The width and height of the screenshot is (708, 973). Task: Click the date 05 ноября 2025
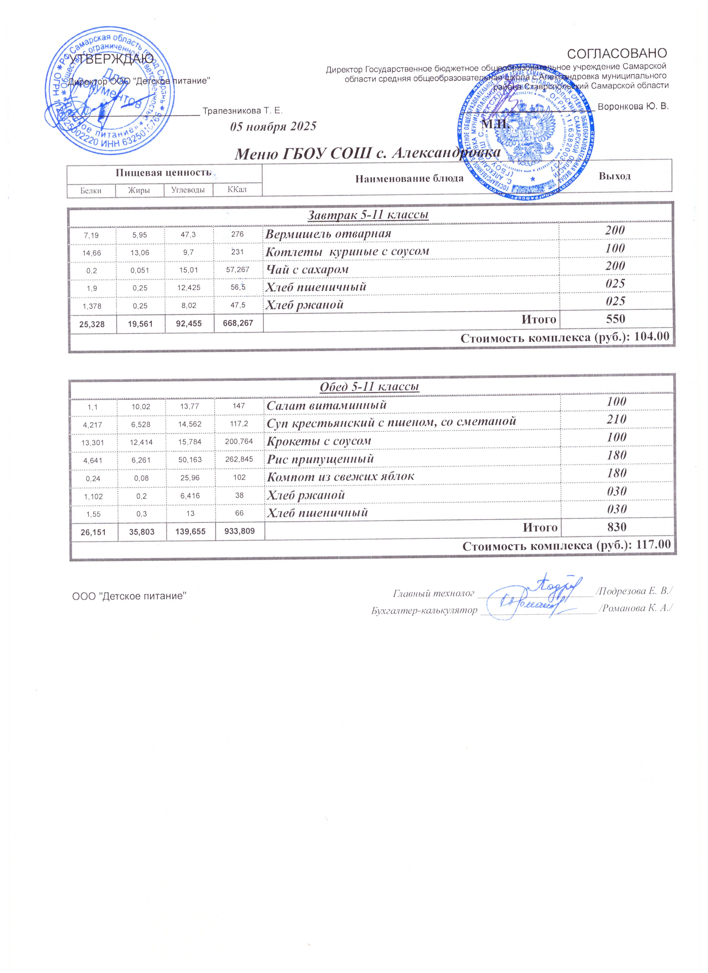click(x=273, y=127)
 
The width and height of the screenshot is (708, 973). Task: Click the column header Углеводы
click(x=188, y=190)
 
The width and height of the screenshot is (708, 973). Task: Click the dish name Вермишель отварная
click(x=328, y=234)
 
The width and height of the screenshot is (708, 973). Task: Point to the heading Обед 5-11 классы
click(x=370, y=387)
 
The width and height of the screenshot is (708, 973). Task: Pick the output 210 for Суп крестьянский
click(x=616, y=419)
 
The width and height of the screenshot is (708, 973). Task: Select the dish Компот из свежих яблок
click(x=340, y=476)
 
